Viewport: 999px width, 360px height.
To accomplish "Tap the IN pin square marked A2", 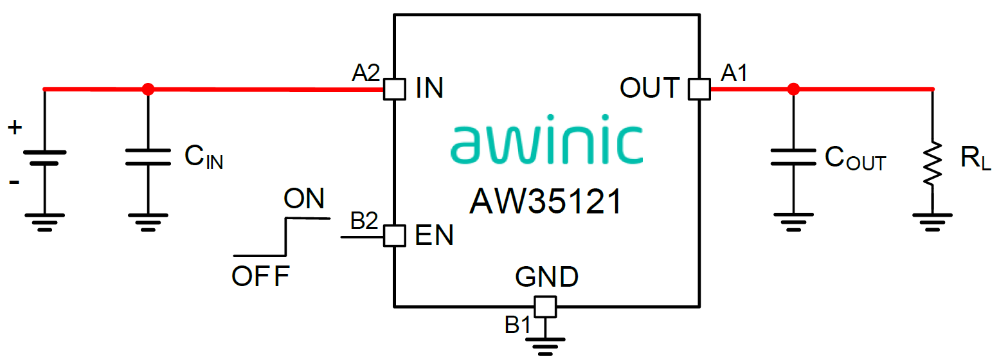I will tap(394, 89).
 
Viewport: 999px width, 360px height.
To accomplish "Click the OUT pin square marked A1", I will tap(699, 89).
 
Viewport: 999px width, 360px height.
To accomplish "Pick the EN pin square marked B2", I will tap(394, 236).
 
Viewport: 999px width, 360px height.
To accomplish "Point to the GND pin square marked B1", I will tap(545, 307).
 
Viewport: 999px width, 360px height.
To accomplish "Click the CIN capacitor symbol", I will tap(148, 157).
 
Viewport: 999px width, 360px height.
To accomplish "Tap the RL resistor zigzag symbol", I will tap(932, 164).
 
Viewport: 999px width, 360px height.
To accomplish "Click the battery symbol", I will tap(44, 157).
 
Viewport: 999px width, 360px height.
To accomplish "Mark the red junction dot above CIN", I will tap(148, 89).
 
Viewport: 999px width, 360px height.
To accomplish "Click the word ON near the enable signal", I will tap(304, 199).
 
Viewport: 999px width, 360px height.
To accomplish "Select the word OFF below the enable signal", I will tap(261, 276).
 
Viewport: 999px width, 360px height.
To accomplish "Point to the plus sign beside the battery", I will tap(14, 128).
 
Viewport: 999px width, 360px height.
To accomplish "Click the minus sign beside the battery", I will tap(14, 183).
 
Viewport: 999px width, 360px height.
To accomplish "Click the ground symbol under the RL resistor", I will tap(932, 222).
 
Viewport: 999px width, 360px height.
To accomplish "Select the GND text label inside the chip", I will tap(546, 276).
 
